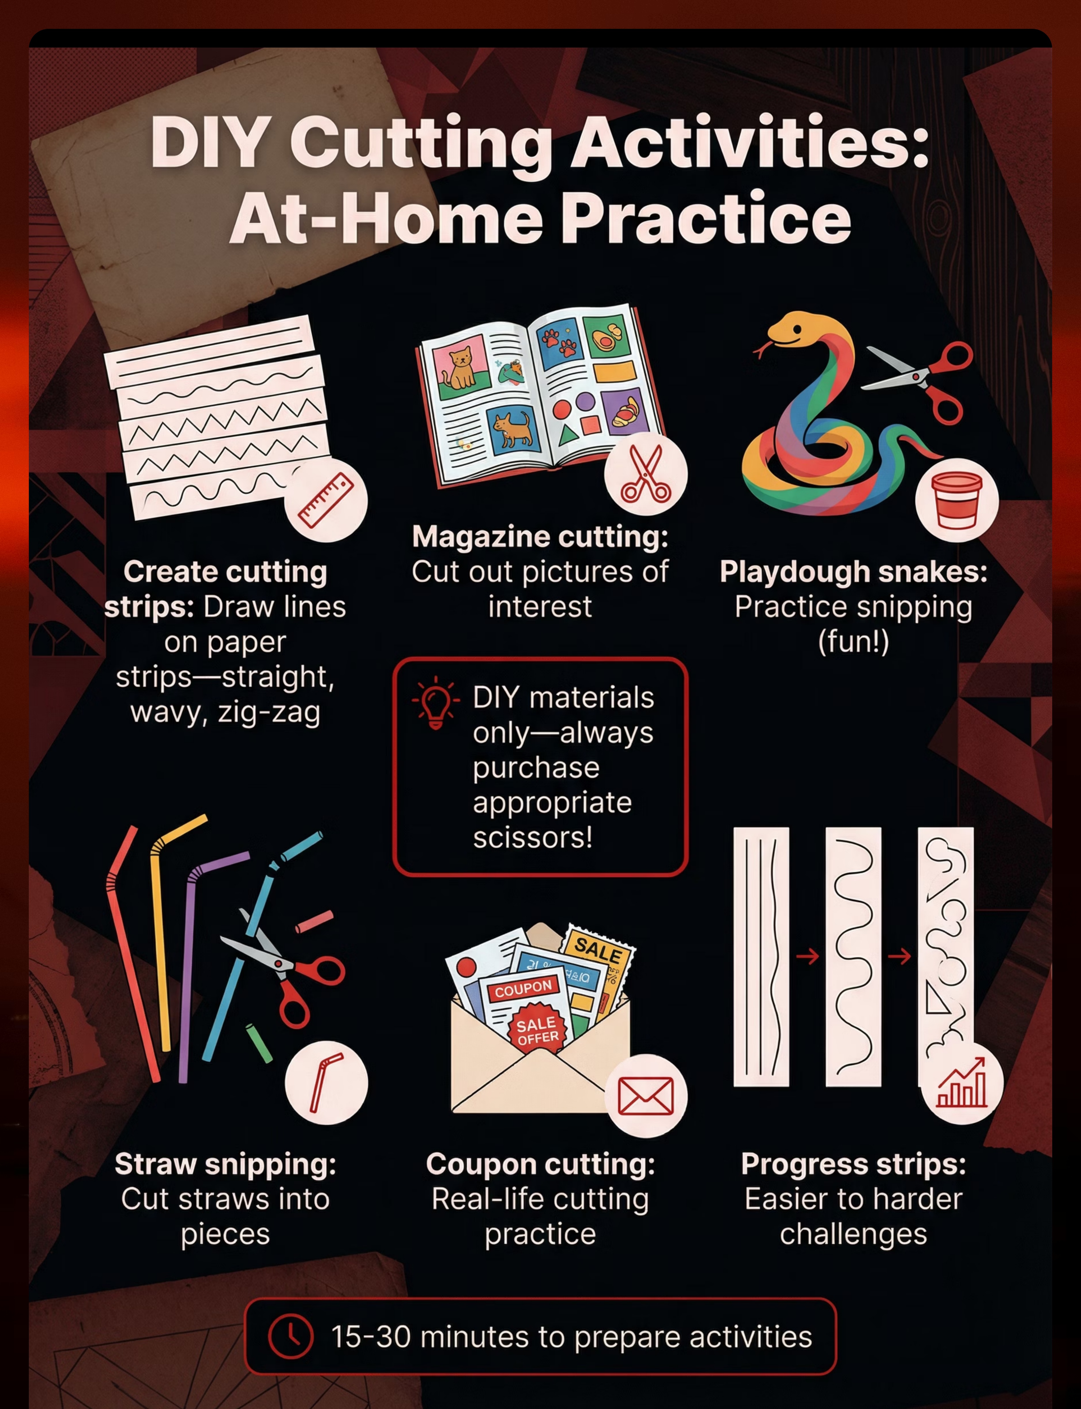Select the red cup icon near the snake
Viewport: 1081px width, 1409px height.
[957, 500]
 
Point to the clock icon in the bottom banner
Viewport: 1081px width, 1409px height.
[291, 1336]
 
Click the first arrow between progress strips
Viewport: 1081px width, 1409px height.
[807, 957]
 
